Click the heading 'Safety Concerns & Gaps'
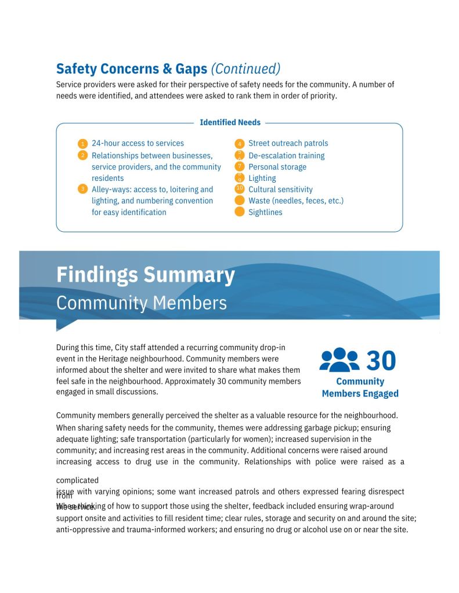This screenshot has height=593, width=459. point(131,68)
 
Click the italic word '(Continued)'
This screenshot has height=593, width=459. point(245,68)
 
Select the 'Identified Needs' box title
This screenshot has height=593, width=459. point(230,122)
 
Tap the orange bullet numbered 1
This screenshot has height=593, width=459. point(82,144)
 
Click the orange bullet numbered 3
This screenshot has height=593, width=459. point(82,189)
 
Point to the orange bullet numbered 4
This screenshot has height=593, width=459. point(239,144)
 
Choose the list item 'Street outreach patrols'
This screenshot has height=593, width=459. point(288,143)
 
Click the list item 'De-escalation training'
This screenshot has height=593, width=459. point(286,155)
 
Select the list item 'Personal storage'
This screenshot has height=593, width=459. point(277,167)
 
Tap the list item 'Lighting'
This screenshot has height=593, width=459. point(262,178)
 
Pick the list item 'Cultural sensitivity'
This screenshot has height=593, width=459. point(280,190)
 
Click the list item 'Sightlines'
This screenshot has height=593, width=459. point(265,212)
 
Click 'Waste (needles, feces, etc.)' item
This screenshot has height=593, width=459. point(295,201)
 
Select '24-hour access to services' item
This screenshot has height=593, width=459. point(138,143)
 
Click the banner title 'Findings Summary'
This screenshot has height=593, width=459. point(145,274)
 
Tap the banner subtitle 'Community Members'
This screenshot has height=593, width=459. point(141,303)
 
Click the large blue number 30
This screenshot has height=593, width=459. point(381,361)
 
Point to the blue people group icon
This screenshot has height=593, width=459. point(339,360)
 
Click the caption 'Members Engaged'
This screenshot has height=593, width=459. point(360,394)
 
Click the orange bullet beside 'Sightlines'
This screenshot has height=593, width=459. point(239,212)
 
